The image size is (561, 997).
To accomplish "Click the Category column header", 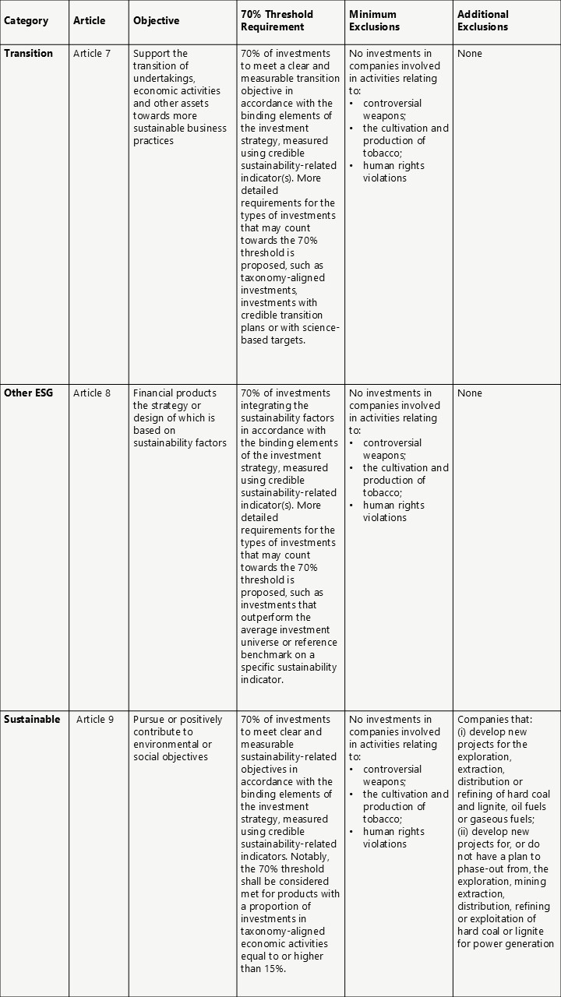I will (x=26, y=20).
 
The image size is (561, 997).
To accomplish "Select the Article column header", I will (x=89, y=20).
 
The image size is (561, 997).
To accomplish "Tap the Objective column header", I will (x=156, y=20).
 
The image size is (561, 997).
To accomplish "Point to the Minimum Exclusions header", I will (x=374, y=20).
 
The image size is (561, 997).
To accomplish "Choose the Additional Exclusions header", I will (x=483, y=20).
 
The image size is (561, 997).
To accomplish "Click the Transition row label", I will (x=29, y=54).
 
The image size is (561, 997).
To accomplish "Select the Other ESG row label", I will (x=29, y=393).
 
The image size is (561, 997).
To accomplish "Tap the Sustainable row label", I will (x=32, y=720).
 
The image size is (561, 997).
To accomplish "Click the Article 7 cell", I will (x=92, y=54).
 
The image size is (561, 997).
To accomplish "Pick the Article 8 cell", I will (x=92, y=393).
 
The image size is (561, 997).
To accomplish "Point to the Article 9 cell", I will (x=95, y=720).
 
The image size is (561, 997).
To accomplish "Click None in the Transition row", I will (x=470, y=54).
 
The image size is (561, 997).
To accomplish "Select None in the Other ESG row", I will (x=470, y=393).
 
